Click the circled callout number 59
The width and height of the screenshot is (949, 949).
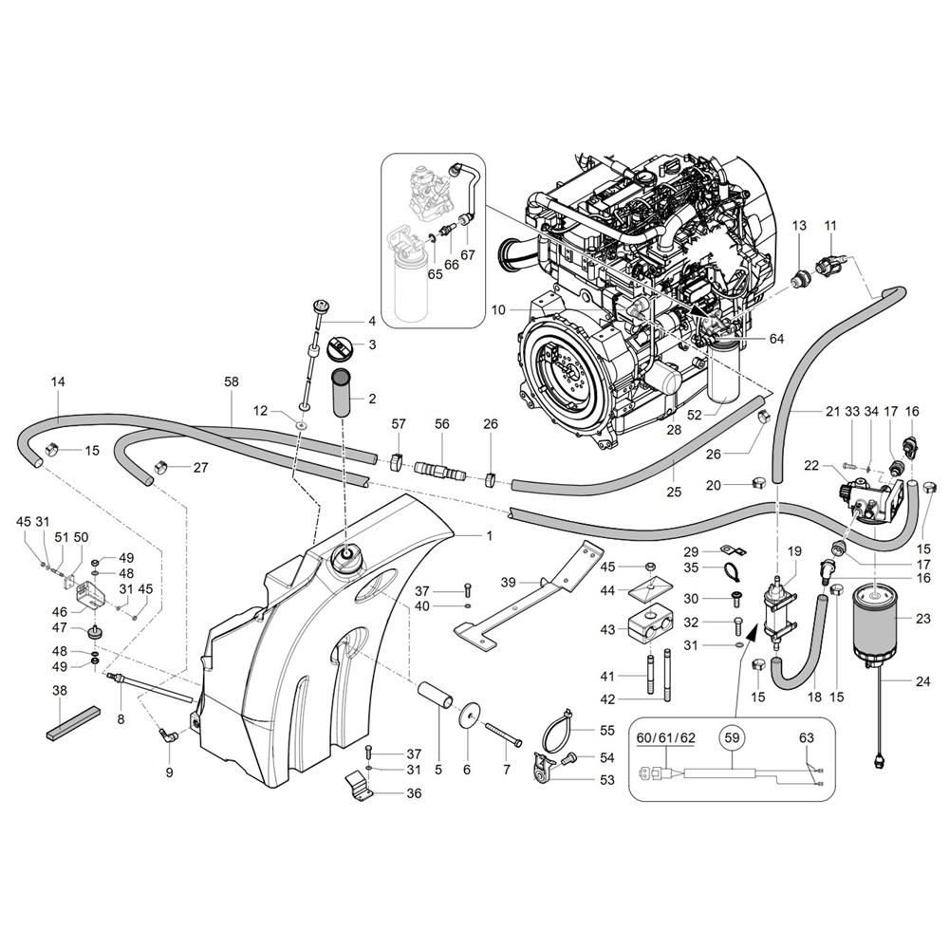pyautogui.click(x=732, y=737)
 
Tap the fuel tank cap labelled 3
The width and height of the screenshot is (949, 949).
pyautogui.click(x=339, y=348)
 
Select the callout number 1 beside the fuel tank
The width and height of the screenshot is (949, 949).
pyautogui.click(x=489, y=535)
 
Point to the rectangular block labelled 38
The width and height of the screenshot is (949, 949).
pyautogui.click(x=73, y=722)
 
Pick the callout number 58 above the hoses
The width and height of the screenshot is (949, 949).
pyautogui.click(x=232, y=381)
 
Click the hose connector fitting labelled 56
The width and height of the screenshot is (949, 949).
pyautogui.click(x=439, y=471)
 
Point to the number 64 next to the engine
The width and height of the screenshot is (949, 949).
pyautogui.click(x=776, y=339)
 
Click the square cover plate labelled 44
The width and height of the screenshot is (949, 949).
pyautogui.click(x=651, y=587)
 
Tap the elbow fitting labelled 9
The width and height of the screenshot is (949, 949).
pyautogui.click(x=168, y=735)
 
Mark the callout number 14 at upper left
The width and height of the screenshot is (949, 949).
pyautogui.click(x=58, y=381)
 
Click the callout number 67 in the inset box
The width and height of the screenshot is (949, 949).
pyautogui.click(x=467, y=254)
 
